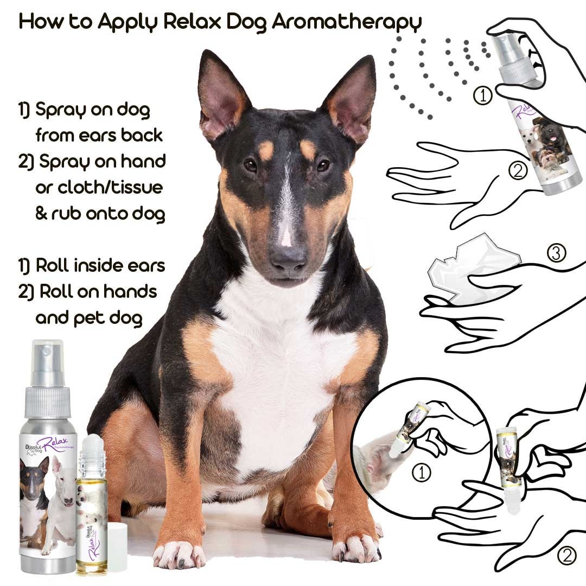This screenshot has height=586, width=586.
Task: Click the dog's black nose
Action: tap(288, 259)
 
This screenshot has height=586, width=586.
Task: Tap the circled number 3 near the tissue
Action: tap(556, 253)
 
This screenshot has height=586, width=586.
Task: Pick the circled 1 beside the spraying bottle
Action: tap(483, 96)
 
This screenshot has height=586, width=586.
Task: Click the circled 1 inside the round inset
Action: tap(422, 473)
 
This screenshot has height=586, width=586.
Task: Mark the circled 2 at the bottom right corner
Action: tap(566, 555)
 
